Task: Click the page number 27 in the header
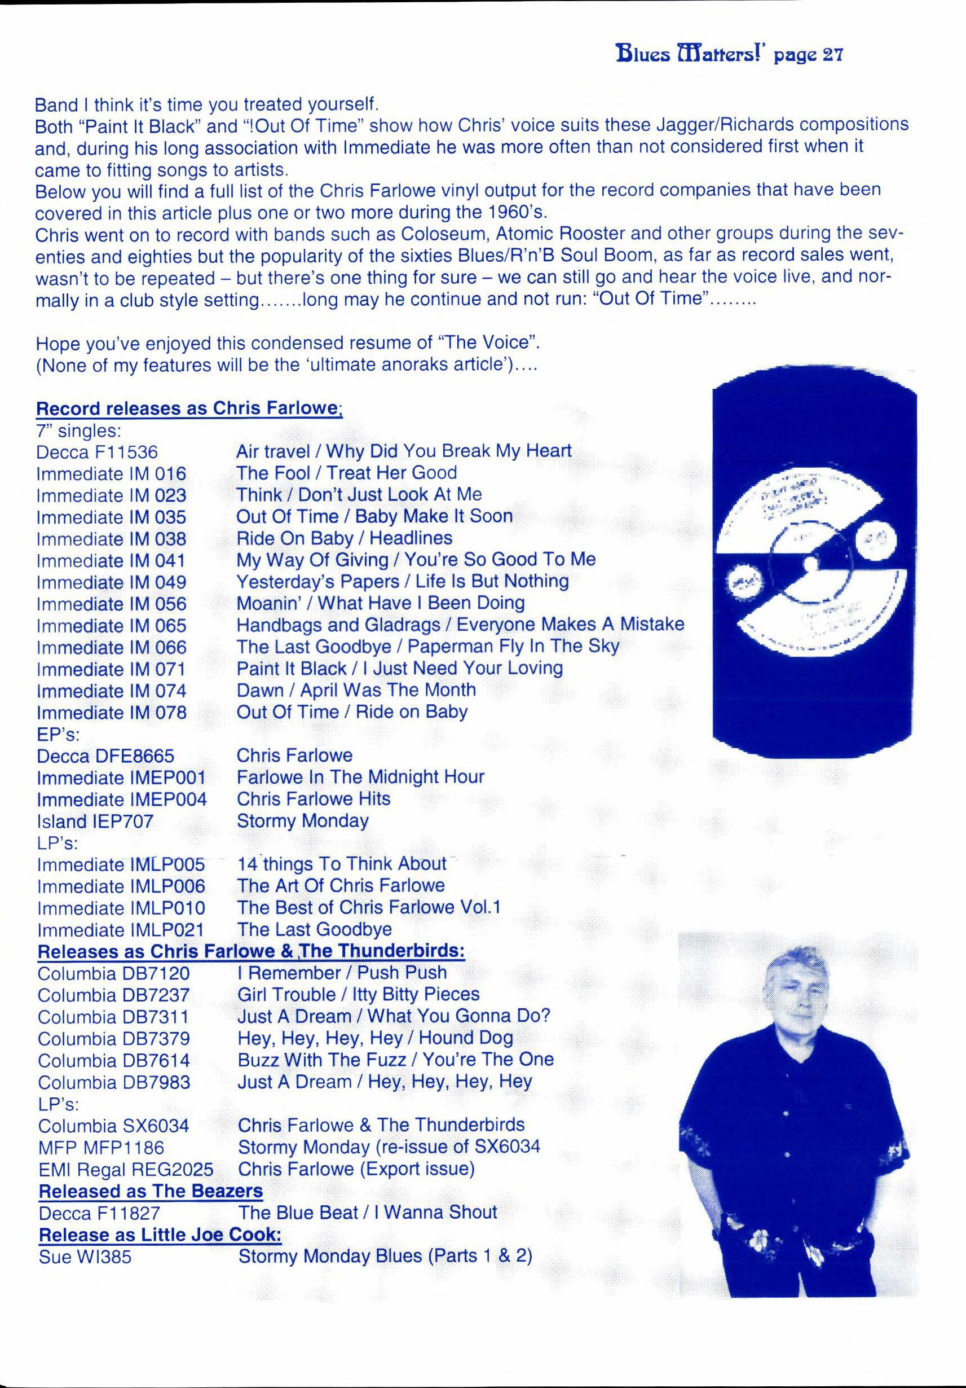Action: [x=832, y=55]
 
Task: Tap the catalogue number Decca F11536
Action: [x=96, y=451]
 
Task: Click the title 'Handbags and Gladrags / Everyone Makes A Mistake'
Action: [x=460, y=625]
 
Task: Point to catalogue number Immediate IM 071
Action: [x=111, y=669]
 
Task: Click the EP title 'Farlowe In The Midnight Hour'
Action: [x=360, y=777]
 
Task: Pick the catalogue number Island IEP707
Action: [x=95, y=821]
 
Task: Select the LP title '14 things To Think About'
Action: [x=342, y=864]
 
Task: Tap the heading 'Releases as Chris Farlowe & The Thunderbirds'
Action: [x=251, y=951]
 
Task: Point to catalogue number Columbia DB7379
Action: [x=113, y=1039]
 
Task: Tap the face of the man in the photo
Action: [x=793, y=998]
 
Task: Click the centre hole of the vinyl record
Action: [x=811, y=564]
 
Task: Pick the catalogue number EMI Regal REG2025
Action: [x=126, y=1169]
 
